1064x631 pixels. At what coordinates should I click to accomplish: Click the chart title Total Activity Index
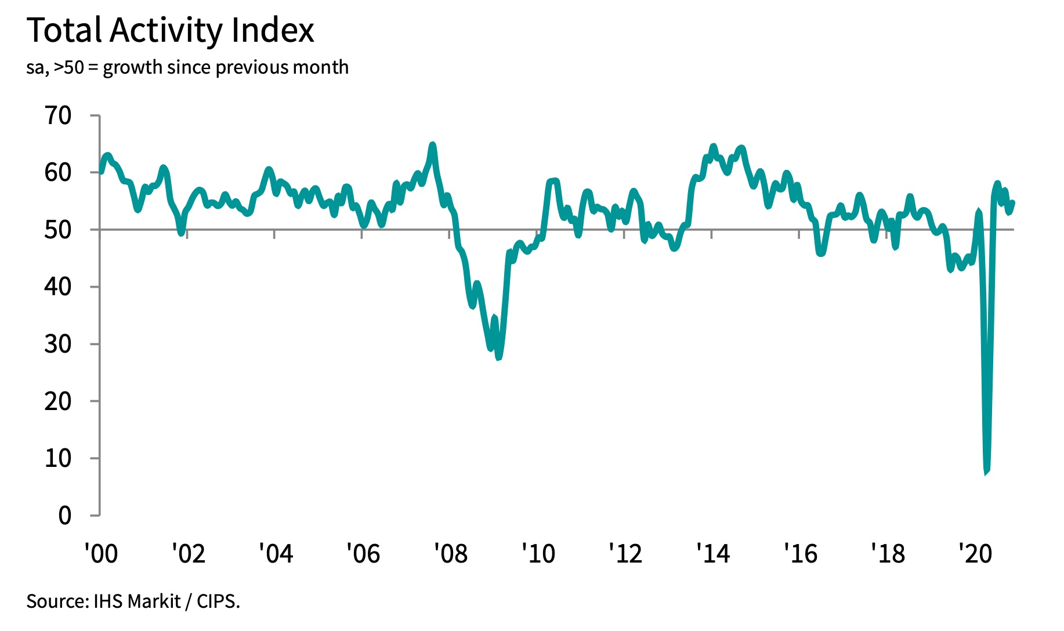171,30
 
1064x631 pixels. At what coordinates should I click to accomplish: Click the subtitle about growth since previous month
187,68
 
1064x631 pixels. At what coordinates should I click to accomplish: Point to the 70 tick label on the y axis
58,116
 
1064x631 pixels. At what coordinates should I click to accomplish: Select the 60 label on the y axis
58,172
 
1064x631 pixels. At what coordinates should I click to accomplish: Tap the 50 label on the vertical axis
58,230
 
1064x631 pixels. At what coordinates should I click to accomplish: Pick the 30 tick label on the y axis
58,344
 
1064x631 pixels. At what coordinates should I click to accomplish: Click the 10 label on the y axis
58,458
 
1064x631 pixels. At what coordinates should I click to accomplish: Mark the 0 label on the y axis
65,516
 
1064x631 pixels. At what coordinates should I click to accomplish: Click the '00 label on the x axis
101,554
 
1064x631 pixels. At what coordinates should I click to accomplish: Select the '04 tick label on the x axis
276,554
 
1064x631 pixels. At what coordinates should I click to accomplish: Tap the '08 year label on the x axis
451,554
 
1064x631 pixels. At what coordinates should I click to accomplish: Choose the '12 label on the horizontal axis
625,554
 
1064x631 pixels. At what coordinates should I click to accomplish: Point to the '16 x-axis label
801,554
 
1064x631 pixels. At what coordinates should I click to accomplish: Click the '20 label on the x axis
975,554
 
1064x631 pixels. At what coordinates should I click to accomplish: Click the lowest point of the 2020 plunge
986,472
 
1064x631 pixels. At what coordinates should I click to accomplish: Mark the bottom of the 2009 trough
498,357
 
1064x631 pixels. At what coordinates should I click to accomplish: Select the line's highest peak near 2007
432,144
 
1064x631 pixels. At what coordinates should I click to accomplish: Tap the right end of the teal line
1013,202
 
